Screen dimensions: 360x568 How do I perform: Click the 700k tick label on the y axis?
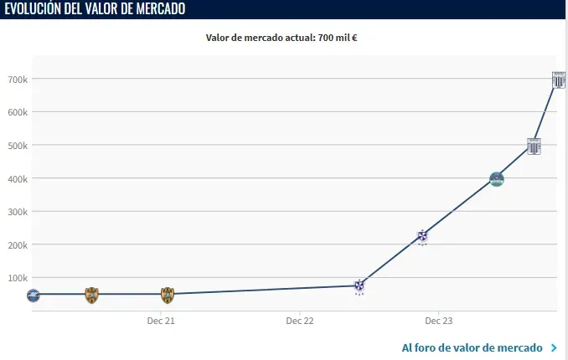[17, 80]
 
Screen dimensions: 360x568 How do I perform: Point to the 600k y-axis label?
[17, 112]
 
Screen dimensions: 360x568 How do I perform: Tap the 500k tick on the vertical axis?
[17, 146]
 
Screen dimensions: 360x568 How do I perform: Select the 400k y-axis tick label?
[17, 178]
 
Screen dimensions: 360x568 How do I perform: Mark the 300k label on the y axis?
[17, 212]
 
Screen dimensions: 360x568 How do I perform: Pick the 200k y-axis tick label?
[17, 244]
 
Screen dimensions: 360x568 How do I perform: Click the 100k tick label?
[17, 278]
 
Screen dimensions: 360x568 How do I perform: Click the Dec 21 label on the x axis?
[160, 321]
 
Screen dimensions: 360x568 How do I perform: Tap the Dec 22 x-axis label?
[299, 321]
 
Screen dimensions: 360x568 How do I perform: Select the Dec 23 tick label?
[438, 321]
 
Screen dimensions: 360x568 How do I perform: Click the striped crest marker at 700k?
[559, 80]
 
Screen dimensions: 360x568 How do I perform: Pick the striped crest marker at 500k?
[534, 146]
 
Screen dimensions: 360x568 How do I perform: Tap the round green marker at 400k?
[497, 179]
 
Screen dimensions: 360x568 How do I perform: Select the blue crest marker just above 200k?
[423, 237]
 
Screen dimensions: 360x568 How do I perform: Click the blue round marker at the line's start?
[33, 295]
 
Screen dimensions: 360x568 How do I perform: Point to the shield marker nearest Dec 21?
[167, 295]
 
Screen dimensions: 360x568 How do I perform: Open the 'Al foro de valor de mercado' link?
[472, 347]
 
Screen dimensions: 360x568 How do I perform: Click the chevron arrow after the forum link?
[554, 347]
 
